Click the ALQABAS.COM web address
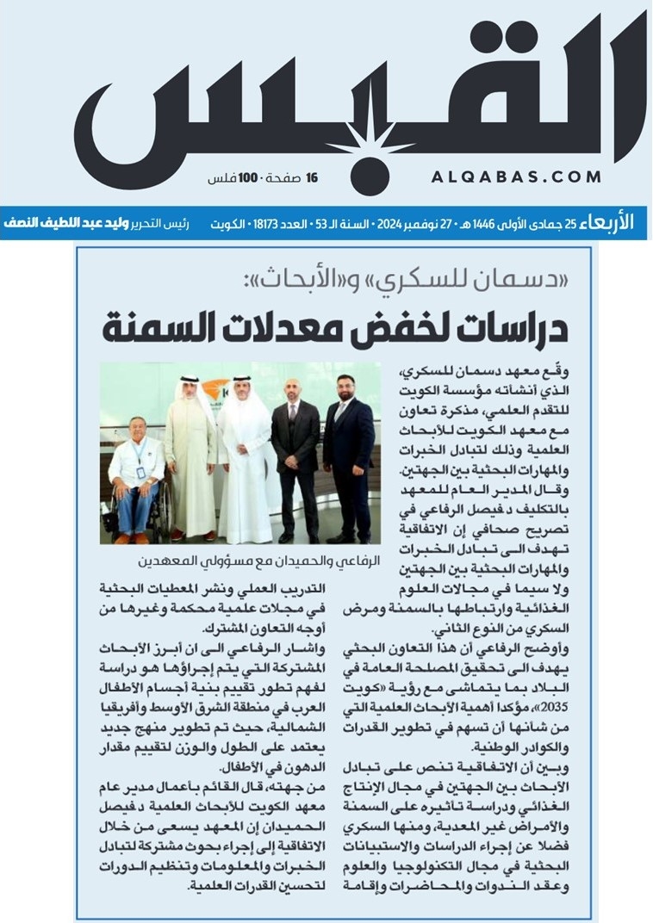click(515, 177)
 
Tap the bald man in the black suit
click(294, 461)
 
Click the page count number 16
click(312, 178)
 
